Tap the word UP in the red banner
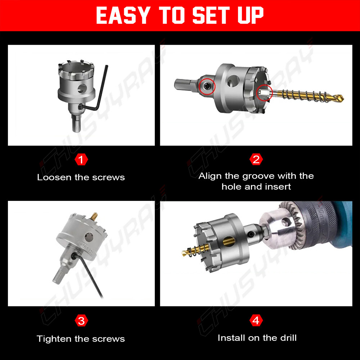click(x=251, y=15)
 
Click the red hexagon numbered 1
click(x=81, y=159)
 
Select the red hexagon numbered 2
click(x=256, y=159)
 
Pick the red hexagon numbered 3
click(x=81, y=321)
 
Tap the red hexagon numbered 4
click(x=256, y=320)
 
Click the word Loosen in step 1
click(x=54, y=177)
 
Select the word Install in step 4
click(x=231, y=338)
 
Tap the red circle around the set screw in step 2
click(x=207, y=86)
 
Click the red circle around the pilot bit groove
click(x=264, y=93)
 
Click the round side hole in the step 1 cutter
click(x=82, y=89)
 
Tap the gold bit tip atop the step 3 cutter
click(x=94, y=216)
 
